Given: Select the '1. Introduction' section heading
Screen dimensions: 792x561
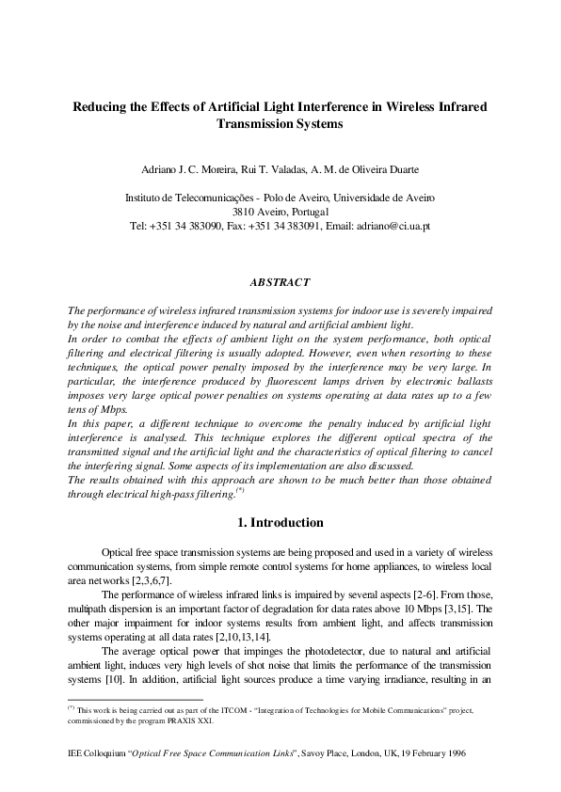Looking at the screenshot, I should coord(280,522).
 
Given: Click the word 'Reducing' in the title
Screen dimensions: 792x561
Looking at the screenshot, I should coord(101,106).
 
